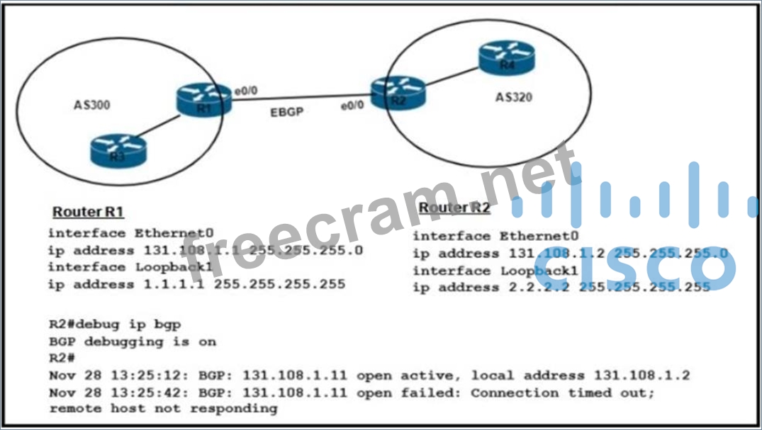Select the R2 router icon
coord(398,93)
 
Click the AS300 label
coord(93,106)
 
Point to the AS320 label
coord(514,97)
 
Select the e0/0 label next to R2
coord(352,105)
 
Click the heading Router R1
coord(89,212)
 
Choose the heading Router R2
coord(454,208)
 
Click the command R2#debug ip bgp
coord(114,324)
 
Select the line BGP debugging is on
coord(133,341)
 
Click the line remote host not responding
coord(163,409)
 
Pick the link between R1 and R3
coord(155,129)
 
